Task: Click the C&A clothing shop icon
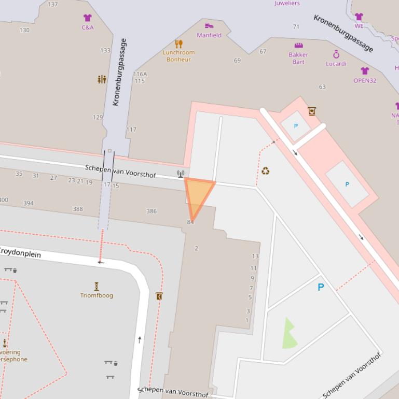[87, 18]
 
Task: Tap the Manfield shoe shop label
[209, 35]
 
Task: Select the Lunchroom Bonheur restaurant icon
[179, 44]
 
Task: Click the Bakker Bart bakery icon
[298, 46]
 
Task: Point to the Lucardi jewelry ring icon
[336, 54]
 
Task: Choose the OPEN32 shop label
[365, 80]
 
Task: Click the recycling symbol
[266, 170]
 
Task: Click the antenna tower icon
[180, 174]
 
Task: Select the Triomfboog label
[97, 295]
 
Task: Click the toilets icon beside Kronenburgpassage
[102, 79]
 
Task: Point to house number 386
[152, 211]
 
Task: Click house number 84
[190, 222]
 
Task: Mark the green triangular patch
[289, 335]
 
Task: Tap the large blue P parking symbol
[321, 287]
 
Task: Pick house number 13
[255, 256]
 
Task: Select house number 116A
[140, 74]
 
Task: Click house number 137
[53, 4]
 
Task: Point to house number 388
[78, 209]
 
